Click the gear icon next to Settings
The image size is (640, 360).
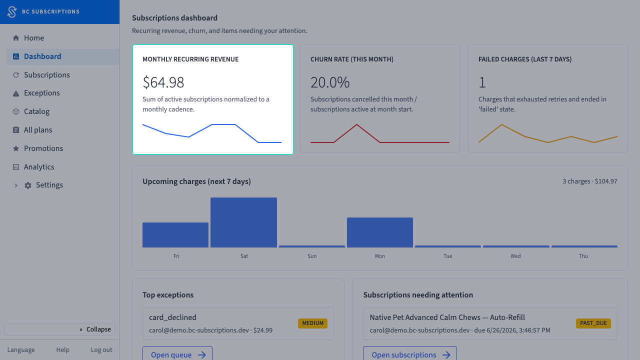pos(27,185)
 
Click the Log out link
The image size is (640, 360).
pos(101,349)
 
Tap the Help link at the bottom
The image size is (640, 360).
pos(63,349)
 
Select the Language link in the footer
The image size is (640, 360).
pos(21,349)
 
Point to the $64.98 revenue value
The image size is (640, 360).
pos(163,82)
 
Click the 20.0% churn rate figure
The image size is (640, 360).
pos(330,82)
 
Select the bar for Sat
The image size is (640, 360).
pos(243,222)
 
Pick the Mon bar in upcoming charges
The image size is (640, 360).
pos(380,232)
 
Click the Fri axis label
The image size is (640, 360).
pos(176,256)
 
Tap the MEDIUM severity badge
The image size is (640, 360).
pos(312,323)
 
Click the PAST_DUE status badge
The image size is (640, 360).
pos(593,323)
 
